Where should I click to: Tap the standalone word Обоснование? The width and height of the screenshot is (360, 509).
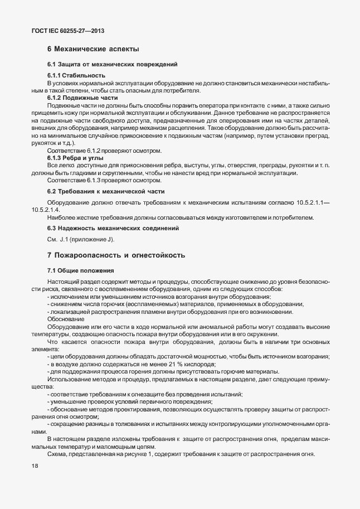(x=66, y=319)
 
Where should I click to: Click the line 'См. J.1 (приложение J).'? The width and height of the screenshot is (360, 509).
(x=80, y=240)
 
